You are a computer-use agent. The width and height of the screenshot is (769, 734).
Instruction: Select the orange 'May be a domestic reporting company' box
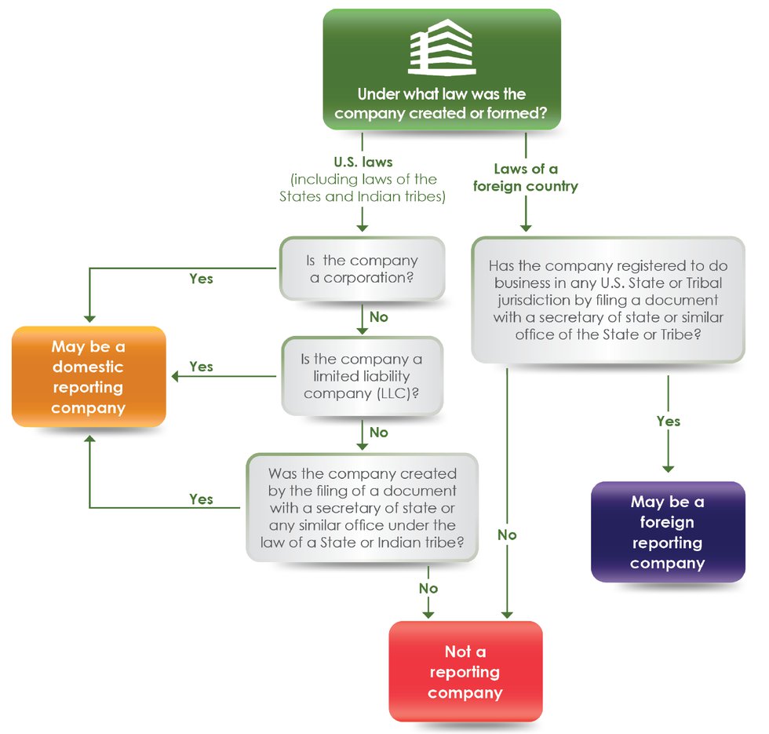click(89, 377)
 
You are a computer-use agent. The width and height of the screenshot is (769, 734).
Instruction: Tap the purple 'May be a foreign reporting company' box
click(667, 531)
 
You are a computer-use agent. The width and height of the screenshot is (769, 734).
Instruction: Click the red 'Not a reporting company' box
click(465, 672)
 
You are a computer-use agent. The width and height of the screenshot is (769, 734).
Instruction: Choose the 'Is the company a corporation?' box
click(363, 268)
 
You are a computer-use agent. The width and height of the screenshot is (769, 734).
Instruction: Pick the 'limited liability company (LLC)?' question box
click(362, 376)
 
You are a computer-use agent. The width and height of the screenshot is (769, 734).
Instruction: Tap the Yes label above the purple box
click(668, 422)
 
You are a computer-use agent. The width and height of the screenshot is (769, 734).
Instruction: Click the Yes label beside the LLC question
click(201, 367)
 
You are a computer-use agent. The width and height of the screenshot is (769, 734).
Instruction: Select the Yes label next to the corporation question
click(201, 278)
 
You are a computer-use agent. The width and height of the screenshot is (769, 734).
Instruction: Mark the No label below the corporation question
click(378, 317)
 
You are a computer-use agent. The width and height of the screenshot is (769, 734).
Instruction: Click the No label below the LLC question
click(378, 433)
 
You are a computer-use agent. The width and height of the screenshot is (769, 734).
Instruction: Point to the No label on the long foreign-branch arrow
click(507, 535)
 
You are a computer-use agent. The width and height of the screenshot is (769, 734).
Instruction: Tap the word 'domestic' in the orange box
click(88, 367)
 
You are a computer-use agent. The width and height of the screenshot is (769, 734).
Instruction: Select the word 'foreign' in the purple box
click(667, 522)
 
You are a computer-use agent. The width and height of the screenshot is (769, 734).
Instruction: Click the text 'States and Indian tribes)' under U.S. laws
click(363, 197)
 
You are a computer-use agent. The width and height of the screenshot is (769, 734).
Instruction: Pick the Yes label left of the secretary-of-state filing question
click(201, 499)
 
